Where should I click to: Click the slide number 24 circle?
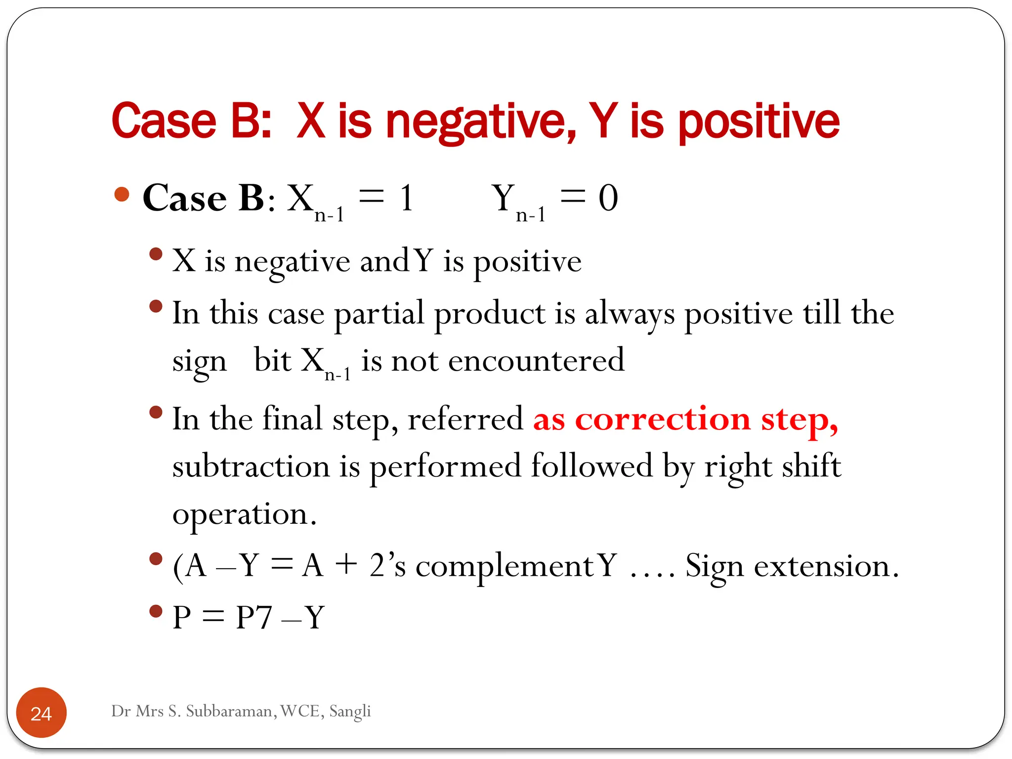(42, 713)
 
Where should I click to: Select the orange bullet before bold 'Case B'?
(122, 194)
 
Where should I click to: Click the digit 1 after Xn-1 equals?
(407, 198)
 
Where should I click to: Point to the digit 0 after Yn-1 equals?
(608, 198)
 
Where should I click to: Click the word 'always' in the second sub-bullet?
(630, 314)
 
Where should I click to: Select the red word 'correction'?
(663, 420)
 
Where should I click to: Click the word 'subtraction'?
(251, 466)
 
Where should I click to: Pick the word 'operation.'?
(244, 515)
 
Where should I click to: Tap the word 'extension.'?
(826, 566)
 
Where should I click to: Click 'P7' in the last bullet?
(254, 618)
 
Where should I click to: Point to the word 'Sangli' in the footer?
(350, 711)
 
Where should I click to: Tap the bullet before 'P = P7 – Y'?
(156, 611)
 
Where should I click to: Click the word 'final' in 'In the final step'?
(292, 420)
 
